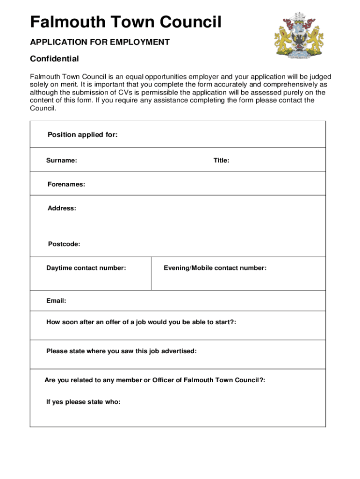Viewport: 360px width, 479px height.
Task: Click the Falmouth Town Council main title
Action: point(126,22)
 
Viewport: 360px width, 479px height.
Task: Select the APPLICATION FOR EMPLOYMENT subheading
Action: point(100,42)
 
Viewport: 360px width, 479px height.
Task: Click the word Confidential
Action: point(54,59)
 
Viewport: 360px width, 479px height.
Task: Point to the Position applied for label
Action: point(82,135)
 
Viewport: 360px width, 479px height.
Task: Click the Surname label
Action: point(61,160)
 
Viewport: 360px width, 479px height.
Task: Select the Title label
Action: point(221,160)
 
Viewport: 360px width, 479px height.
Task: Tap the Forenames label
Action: point(66,184)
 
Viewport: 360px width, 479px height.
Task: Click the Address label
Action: point(62,208)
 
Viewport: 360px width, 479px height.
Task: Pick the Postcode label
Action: point(64,244)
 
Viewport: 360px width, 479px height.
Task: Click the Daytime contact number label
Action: point(86,268)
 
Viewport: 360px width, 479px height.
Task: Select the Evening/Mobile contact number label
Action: point(215,268)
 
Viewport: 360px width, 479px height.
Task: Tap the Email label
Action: point(56,301)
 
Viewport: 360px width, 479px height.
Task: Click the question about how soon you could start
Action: point(141,322)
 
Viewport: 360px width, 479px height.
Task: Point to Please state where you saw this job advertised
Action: point(122,351)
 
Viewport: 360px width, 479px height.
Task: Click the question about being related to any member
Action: point(155,380)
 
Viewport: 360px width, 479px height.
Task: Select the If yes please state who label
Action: point(83,402)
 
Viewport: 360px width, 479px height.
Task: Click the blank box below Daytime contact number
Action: point(91,281)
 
